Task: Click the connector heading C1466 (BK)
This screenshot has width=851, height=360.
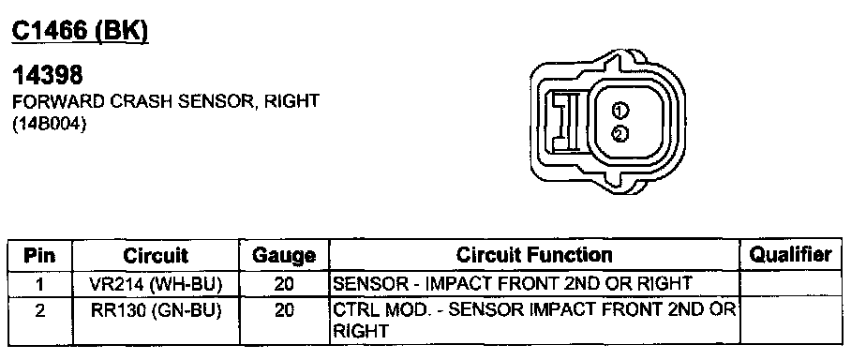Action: click(x=80, y=33)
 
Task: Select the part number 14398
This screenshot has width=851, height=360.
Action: click(x=47, y=76)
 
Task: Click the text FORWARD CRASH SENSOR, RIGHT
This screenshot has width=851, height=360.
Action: click(x=165, y=101)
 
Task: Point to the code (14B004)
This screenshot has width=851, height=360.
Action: click(x=50, y=125)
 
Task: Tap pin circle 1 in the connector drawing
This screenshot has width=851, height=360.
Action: click(x=620, y=111)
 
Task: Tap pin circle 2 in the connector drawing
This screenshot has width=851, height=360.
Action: click(x=620, y=133)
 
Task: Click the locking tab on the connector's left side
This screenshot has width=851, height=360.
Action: click(x=564, y=121)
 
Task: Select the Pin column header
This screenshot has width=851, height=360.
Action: click(x=39, y=255)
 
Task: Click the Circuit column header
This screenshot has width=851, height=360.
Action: click(x=156, y=255)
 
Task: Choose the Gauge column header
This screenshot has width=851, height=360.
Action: click(x=284, y=256)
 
